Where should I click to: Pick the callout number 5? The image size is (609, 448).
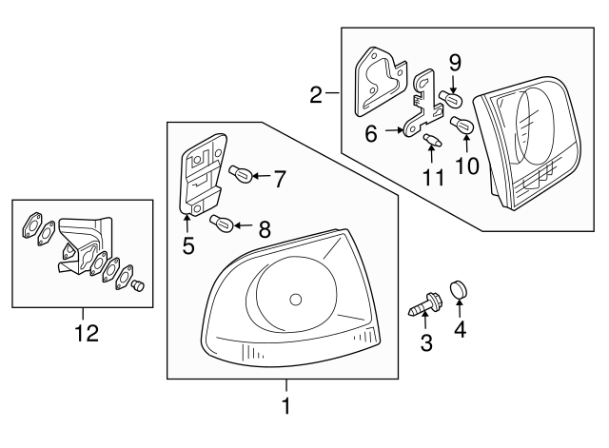click(188, 245)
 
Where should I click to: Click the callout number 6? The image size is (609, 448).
click(372, 135)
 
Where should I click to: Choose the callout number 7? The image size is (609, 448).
click(280, 176)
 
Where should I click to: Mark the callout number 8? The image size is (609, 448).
click(265, 228)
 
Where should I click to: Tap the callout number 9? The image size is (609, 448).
click(455, 64)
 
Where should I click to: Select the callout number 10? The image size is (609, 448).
click(467, 166)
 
